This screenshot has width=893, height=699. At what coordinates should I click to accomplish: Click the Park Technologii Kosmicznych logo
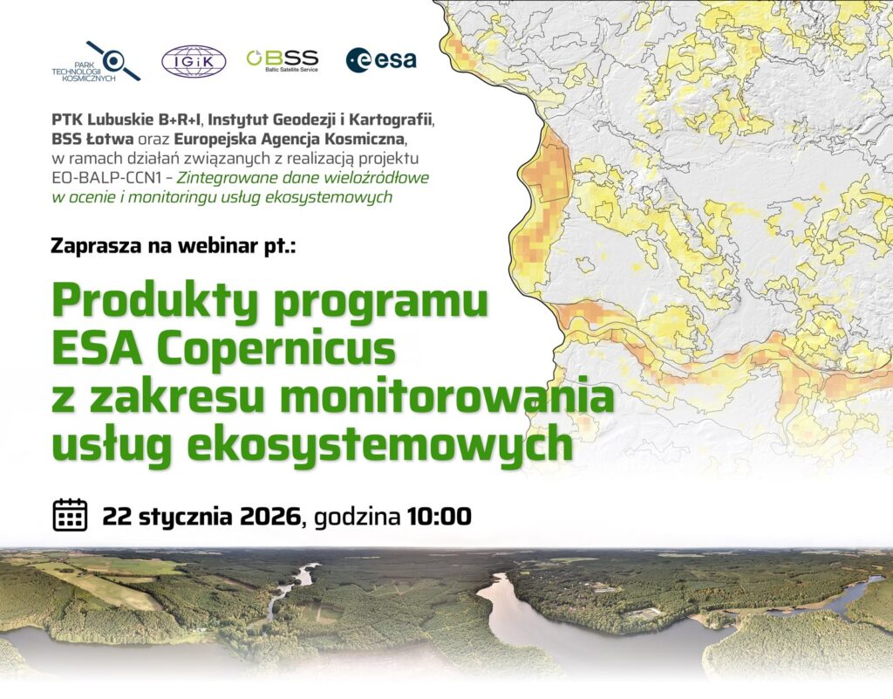coord(96,62)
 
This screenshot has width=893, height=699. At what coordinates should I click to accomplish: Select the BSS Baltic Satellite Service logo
coord(283,60)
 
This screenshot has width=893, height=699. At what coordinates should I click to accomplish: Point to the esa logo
coord(381,60)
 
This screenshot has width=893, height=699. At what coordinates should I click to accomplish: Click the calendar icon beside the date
coord(70,515)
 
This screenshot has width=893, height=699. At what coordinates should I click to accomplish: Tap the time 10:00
coord(440,517)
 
